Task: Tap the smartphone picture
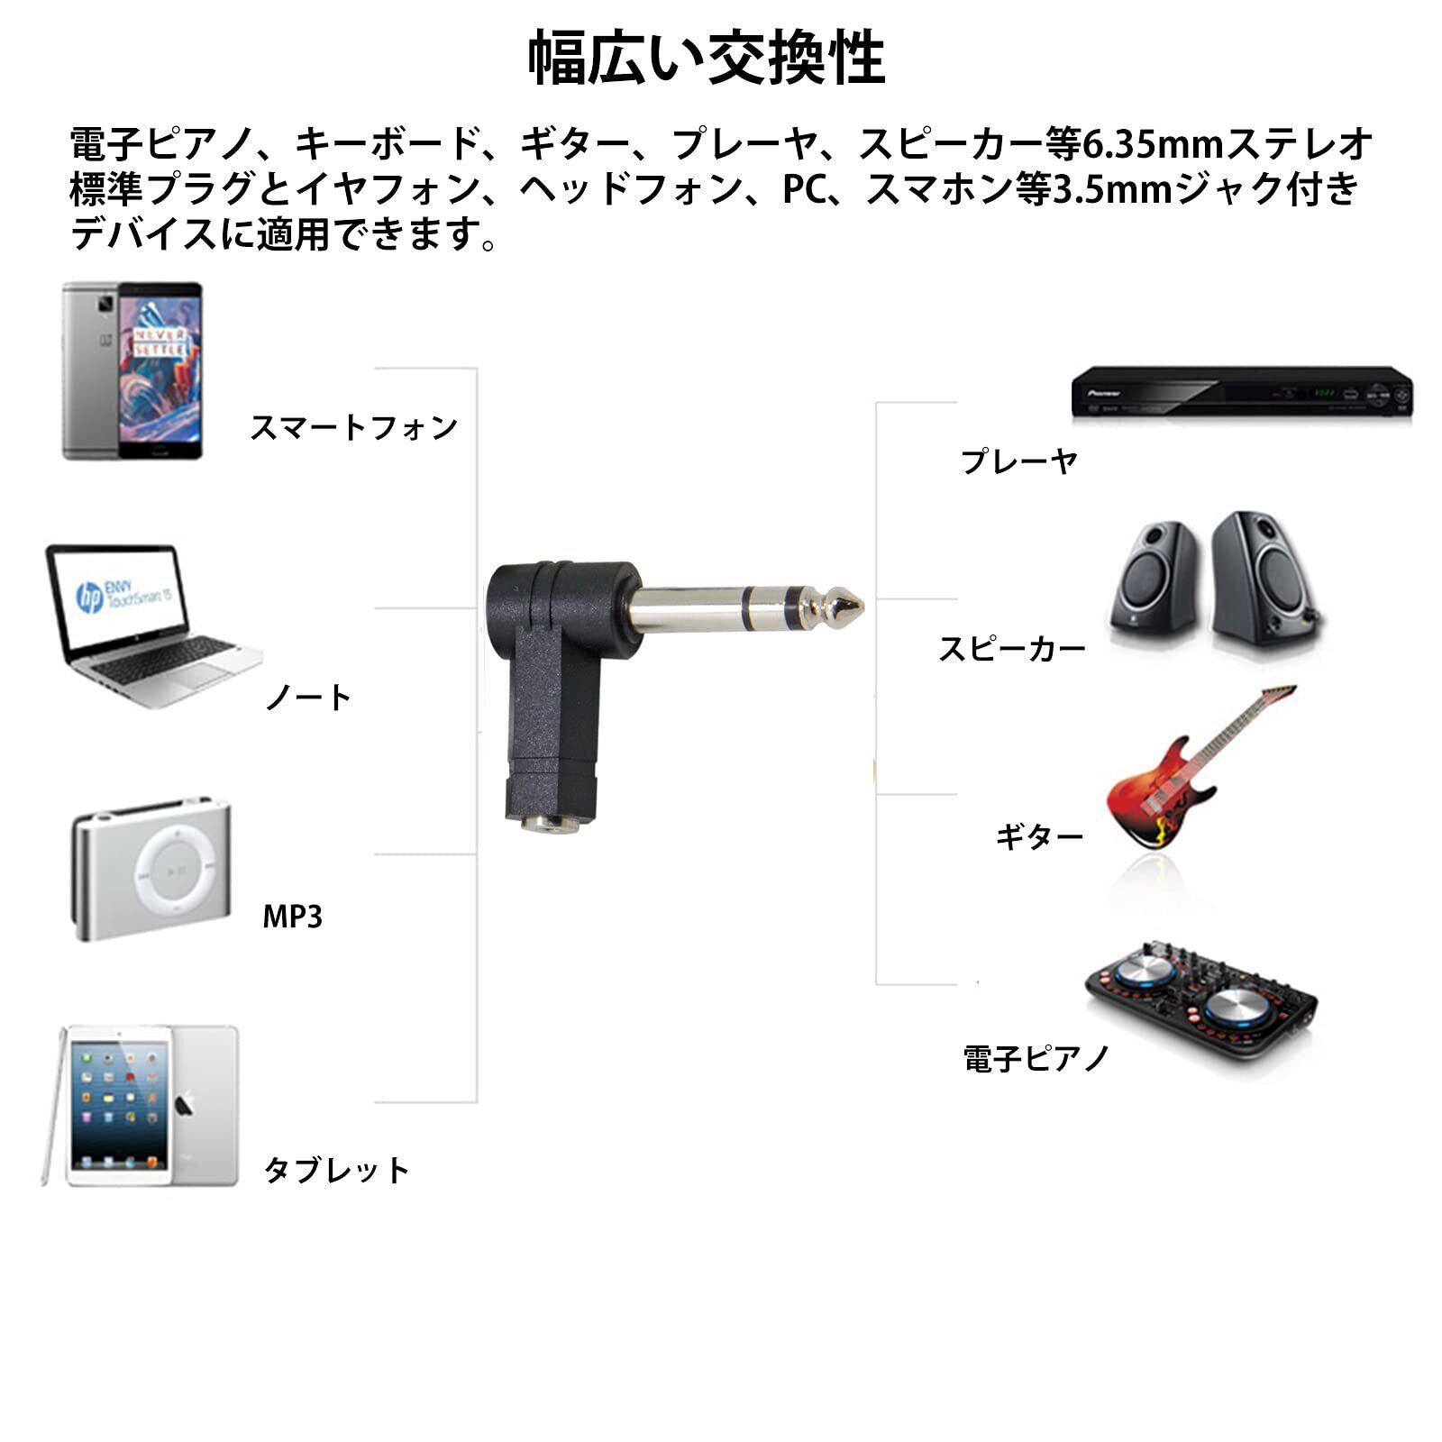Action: click(132, 371)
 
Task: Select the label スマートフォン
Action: click(353, 427)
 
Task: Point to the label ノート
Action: click(308, 698)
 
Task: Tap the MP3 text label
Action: click(292, 917)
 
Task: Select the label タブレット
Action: click(336, 1170)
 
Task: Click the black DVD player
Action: click(1241, 392)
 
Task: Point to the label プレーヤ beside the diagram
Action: click(1018, 461)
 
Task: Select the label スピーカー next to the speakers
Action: click(1011, 649)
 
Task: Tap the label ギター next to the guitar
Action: click(1038, 837)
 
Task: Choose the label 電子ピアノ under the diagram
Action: click(1036, 1058)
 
